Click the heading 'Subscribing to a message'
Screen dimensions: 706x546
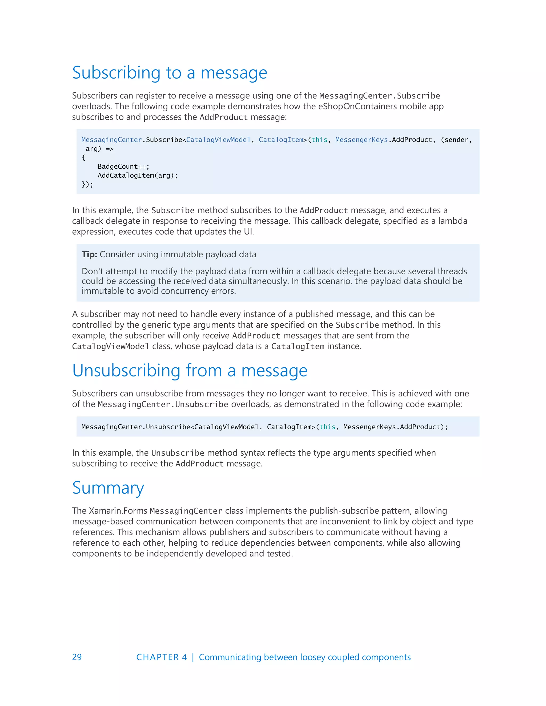170,72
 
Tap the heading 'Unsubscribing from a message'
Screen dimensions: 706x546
190,371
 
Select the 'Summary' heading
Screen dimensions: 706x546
108,488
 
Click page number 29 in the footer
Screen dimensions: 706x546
77,657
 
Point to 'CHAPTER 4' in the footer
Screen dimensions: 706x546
161,657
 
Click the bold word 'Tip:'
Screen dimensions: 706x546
89,254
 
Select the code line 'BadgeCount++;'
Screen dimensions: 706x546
123,167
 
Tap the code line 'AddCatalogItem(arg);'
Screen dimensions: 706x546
138,176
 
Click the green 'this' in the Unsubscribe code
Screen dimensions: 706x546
327,427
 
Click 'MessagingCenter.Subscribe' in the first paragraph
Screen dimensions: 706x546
379,96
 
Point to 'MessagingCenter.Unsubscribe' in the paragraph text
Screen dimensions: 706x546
163,404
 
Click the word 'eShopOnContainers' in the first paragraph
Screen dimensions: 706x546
357,106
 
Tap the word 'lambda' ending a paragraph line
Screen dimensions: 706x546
452,221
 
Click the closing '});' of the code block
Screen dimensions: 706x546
87,185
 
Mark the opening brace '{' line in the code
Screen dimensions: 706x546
84,158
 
